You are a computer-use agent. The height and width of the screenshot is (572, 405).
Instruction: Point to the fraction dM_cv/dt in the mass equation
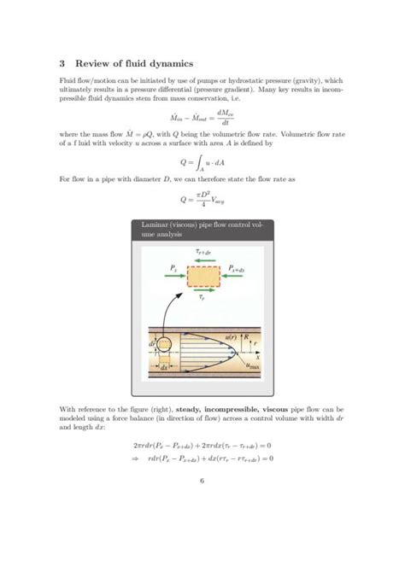[228, 118]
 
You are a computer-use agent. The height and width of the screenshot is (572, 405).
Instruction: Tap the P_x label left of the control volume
[173, 269]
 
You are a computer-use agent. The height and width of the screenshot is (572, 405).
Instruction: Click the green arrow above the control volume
[202, 260]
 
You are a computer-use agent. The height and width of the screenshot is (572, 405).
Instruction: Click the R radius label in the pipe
[248, 337]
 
